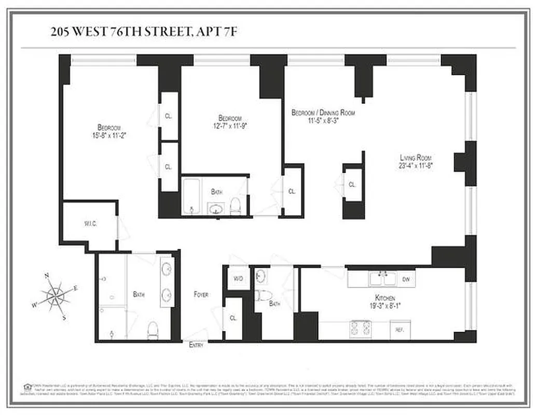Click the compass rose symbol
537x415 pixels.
[x=54, y=296]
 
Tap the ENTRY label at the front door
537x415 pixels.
[x=196, y=345]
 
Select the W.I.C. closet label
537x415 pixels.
[x=90, y=224]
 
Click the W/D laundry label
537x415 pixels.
[x=238, y=279]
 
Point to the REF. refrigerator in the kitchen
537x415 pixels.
[x=400, y=329]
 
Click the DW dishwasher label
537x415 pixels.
[x=406, y=279]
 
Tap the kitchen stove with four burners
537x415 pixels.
[x=360, y=329]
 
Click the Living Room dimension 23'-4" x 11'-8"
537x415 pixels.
[x=416, y=166]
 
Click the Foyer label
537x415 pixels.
[x=201, y=294]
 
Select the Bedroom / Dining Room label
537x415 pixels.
[x=323, y=113]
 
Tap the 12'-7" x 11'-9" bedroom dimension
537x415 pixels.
[x=229, y=126]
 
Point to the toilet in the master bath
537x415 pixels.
[x=153, y=329]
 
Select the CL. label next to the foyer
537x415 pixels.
[x=233, y=318]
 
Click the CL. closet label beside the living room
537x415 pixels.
[x=352, y=185]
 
